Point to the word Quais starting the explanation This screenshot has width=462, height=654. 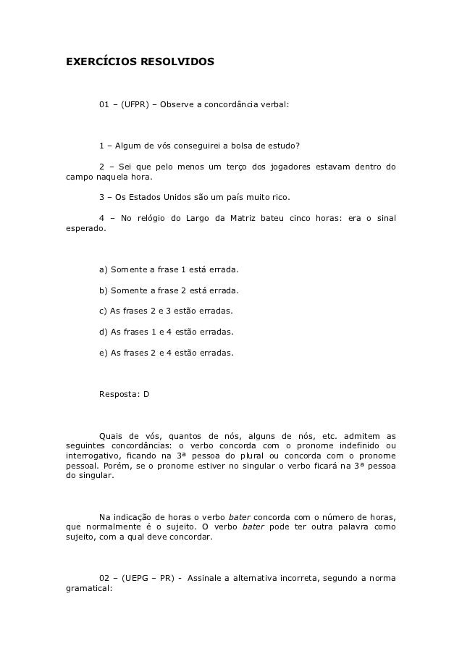[110, 436]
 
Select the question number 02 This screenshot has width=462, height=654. [104, 577]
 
